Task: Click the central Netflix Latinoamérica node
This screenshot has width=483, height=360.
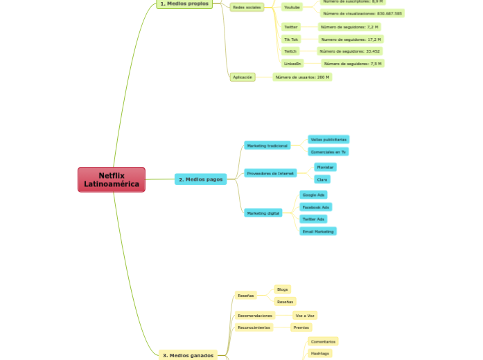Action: point(112,180)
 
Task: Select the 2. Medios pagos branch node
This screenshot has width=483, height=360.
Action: point(200,179)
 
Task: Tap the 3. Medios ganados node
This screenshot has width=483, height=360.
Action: point(188,355)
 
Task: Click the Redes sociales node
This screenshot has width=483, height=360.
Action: point(247,8)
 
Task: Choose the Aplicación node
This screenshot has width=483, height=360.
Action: point(243,78)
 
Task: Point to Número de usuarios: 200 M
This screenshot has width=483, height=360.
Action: point(302,78)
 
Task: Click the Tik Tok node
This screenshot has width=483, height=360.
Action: point(290,39)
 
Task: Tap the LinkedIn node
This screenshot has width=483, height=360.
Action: point(292,64)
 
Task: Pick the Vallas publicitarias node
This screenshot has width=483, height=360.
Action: point(328,140)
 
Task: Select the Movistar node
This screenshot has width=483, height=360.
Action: point(325,168)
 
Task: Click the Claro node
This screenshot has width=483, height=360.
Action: point(322,179)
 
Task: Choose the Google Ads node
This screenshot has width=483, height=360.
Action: point(313,195)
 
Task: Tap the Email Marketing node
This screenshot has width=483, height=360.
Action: point(318,231)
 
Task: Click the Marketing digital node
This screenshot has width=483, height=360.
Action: point(263,213)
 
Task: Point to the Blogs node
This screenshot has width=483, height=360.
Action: point(282,289)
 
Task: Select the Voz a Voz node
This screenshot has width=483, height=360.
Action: point(305,316)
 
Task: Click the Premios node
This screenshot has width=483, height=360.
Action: point(301,327)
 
